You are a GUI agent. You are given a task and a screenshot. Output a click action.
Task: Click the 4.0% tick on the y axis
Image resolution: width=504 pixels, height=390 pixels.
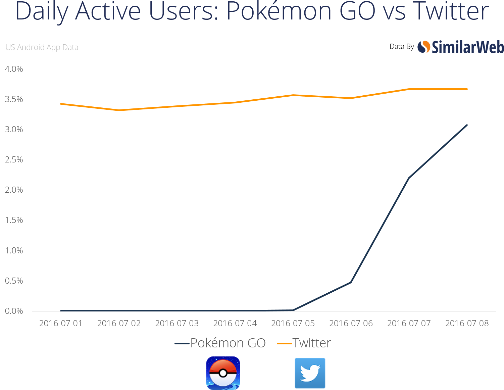point(14,69)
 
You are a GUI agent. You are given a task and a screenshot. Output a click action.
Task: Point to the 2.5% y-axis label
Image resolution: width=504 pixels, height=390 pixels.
point(14,160)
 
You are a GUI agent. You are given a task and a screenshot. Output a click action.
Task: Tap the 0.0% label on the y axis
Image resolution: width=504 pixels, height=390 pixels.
point(14,311)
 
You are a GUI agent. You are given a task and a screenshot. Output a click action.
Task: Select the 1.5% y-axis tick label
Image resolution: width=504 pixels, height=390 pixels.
point(14,220)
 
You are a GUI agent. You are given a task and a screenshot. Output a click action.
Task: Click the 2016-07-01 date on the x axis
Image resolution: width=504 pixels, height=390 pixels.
point(61,324)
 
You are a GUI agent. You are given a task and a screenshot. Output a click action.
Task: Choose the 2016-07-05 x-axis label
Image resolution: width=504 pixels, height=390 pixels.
point(293,324)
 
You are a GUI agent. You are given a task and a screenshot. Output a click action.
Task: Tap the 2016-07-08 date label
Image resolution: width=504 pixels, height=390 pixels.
point(467,324)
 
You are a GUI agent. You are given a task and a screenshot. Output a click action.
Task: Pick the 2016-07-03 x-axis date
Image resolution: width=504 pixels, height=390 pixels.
point(177,324)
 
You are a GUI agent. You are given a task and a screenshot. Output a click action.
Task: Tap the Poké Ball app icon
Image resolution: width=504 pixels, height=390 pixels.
point(223,373)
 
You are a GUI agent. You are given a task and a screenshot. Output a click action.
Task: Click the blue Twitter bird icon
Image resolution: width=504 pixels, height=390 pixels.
point(310,373)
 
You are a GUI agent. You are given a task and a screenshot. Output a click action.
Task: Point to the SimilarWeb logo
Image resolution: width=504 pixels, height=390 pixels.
point(461,47)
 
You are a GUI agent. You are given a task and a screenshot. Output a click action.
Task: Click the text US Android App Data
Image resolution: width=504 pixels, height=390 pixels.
point(42,47)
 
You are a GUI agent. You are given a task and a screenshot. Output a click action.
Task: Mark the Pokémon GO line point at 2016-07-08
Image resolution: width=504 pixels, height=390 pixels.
point(467,125)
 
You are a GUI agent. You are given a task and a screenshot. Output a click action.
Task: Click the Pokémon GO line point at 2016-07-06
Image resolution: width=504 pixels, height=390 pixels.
point(351,282)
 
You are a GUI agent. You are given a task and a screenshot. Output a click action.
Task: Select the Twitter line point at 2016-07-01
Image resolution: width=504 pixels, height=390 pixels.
point(61,104)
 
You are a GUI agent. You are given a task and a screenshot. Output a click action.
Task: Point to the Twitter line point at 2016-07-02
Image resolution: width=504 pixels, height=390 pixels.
point(119,110)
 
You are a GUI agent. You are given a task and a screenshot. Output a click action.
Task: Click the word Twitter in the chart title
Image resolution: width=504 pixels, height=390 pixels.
point(451,11)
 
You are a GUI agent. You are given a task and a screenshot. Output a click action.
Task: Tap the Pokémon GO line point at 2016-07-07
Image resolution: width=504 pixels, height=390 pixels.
point(409,178)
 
